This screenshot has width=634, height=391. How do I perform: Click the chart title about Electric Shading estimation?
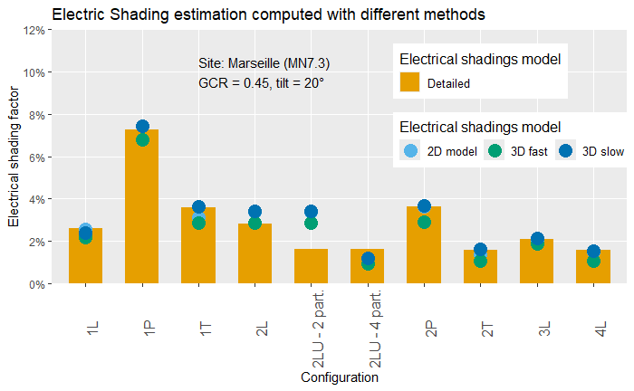tap(268, 14)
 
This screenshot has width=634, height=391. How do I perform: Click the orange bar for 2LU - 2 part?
tap(311, 266)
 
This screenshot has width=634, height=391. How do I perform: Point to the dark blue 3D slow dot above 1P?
tap(142, 127)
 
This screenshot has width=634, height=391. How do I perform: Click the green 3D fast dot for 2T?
tap(481, 261)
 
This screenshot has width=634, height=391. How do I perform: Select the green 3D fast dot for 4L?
tap(593, 261)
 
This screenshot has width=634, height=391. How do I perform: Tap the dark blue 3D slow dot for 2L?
tap(255, 212)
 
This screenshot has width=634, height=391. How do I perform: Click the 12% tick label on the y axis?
tap(35, 30)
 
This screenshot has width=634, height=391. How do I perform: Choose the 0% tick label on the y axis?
tap(38, 283)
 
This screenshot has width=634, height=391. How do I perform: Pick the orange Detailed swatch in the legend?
tap(410, 82)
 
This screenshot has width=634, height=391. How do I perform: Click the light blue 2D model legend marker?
tap(410, 150)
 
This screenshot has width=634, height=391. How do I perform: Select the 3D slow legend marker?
tap(566, 150)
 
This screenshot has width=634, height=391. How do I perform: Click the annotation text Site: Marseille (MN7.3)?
tap(264, 63)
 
